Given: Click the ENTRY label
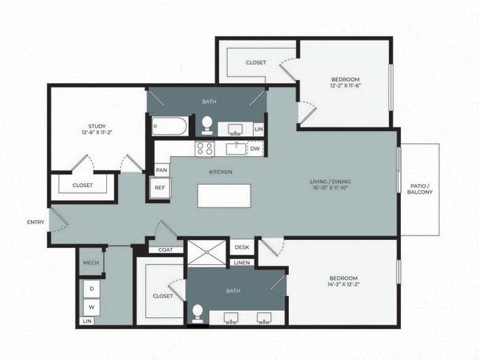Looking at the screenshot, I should coord(35,222).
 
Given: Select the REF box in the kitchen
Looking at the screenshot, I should coord(160,188).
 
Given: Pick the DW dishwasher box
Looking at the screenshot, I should coord(254,148).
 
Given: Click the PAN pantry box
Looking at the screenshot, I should coord(161,170).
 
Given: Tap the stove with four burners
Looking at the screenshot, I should coord(204,148).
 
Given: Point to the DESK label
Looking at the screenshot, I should coord(242,248).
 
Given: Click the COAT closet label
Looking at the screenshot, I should coord(166,250).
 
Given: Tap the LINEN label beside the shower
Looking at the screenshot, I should coord(242,262).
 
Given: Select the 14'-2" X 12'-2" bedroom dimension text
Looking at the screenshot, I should coord(344,284).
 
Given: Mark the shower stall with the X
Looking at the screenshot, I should coord(207,253).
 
